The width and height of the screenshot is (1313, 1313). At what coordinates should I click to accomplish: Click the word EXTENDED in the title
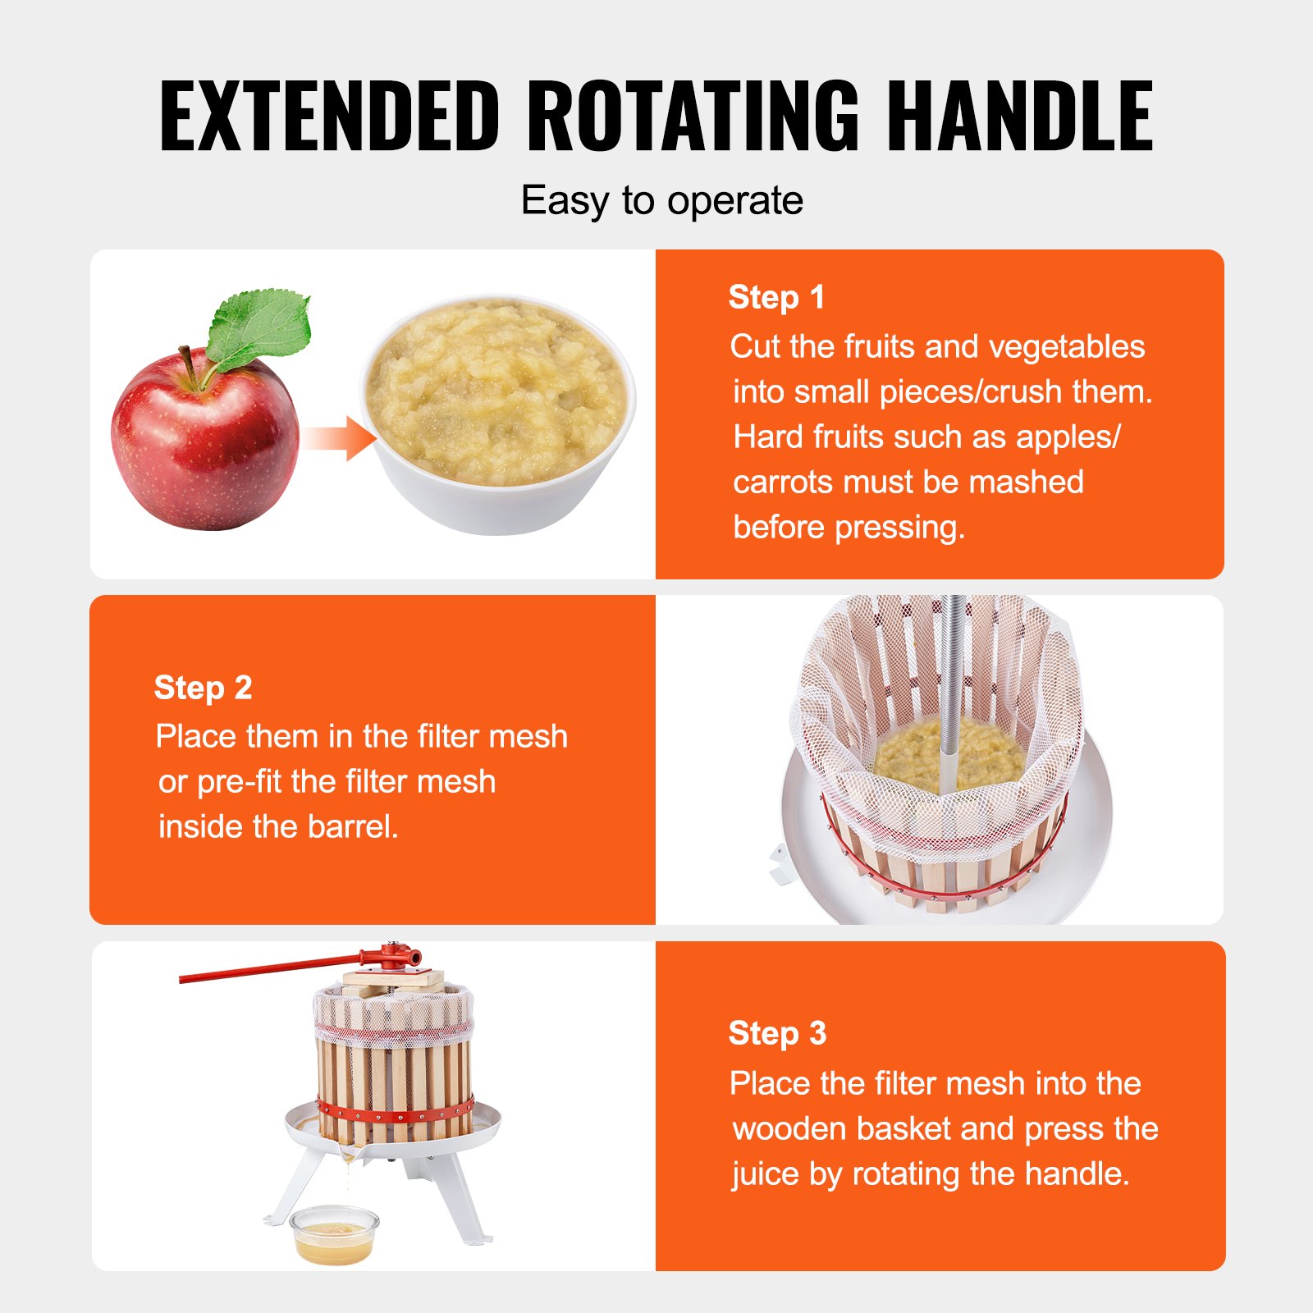pyautogui.click(x=329, y=116)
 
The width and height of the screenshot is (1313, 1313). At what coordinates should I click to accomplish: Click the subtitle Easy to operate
pyautogui.click(x=662, y=201)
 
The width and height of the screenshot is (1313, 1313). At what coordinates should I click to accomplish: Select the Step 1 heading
pyautogui.click(x=776, y=297)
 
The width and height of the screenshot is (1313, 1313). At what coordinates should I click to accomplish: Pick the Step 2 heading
pyautogui.click(x=203, y=688)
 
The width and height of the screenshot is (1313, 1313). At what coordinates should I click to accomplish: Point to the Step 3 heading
pyautogui.click(x=777, y=1033)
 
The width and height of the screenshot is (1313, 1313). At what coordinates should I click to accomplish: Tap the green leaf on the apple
pyautogui.click(x=257, y=328)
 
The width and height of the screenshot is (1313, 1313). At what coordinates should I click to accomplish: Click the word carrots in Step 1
pyautogui.click(x=783, y=483)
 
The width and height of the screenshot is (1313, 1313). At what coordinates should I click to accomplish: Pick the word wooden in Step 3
pyautogui.click(x=789, y=1129)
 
